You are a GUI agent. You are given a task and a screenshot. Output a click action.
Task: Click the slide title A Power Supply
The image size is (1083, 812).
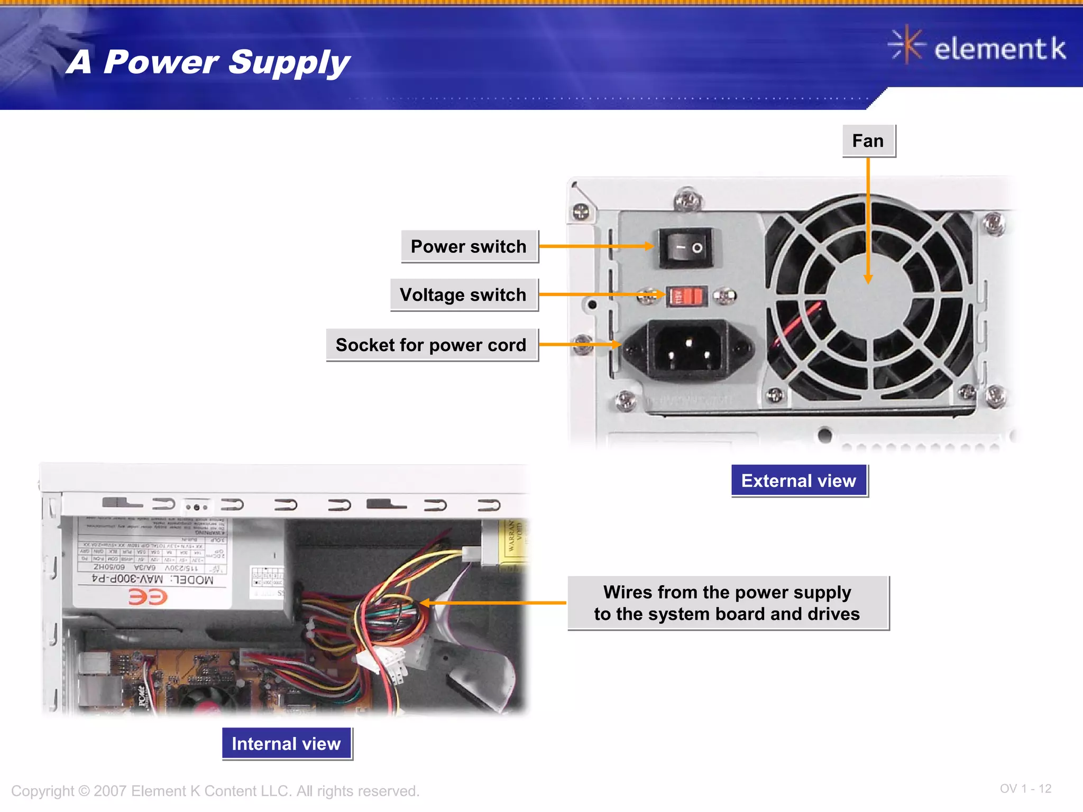pyautogui.click(x=208, y=62)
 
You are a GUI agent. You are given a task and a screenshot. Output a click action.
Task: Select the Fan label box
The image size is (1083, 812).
pyautogui.click(x=868, y=141)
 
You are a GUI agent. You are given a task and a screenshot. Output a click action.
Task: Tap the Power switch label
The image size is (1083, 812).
pyautogui.click(x=469, y=246)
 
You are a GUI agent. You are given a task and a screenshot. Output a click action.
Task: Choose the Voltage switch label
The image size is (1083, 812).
pyautogui.click(x=463, y=294)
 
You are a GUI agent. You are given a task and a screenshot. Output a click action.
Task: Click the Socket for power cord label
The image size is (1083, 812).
pyautogui.click(x=432, y=345)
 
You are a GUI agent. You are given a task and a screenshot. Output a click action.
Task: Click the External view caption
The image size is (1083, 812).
pyautogui.click(x=799, y=481)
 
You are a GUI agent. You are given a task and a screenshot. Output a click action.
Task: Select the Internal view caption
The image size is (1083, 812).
pyautogui.click(x=286, y=743)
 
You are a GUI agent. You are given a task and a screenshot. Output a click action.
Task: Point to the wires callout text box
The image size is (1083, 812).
pyautogui.click(x=728, y=603)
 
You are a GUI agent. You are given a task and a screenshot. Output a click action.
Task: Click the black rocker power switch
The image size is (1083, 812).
pyautogui.click(x=686, y=247)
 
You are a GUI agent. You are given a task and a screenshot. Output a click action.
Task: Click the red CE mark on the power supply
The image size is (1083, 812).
pyautogui.click(x=148, y=597)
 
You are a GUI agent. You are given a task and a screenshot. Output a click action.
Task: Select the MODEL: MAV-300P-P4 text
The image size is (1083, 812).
pyautogui.click(x=153, y=579)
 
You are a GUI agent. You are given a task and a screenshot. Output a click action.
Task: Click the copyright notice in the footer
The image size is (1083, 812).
pyautogui.click(x=215, y=791)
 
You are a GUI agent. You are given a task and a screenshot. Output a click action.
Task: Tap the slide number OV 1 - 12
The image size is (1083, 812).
pyautogui.click(x=1025, y=789)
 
